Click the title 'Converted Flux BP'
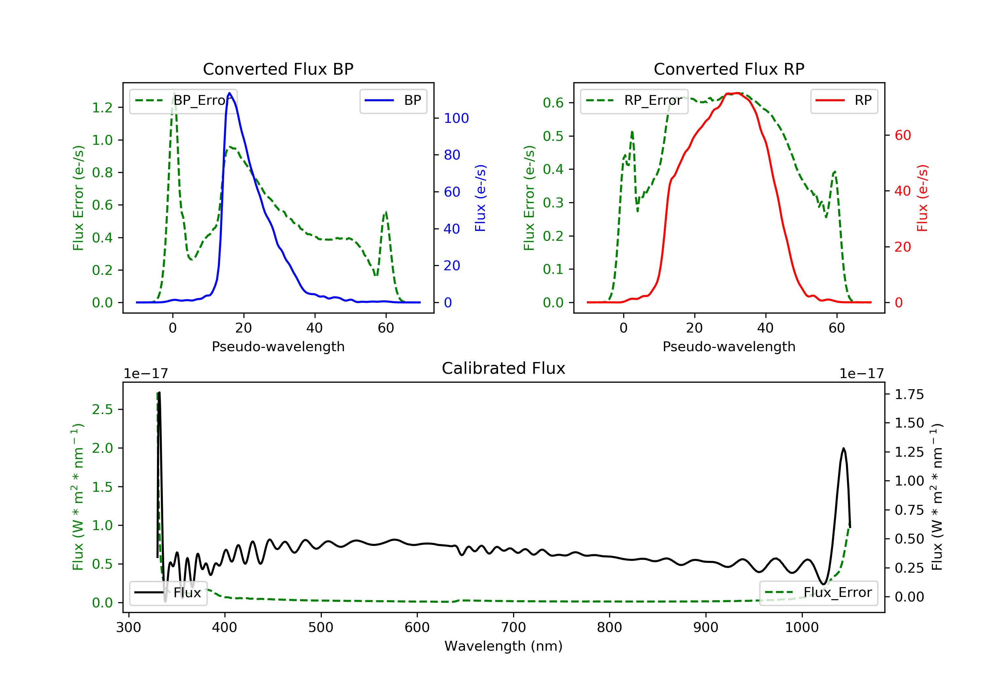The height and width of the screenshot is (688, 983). click(x=278, y=69)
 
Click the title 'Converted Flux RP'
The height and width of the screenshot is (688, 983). click(x=729, y=69)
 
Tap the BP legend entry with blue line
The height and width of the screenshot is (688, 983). click(x=393, y=101)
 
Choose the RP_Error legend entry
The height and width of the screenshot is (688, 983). click(x=634, y=101)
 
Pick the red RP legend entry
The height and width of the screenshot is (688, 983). click(x=843, y=101)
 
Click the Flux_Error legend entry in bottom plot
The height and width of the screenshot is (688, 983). click(x=818, y=593)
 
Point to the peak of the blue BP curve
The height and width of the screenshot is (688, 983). click(x=229, y=93)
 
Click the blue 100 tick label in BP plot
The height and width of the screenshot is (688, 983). click(x=456, y=118)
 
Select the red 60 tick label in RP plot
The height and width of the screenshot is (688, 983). click(x=902, y=135)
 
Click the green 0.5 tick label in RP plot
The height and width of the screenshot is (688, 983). click(x=553, y=136)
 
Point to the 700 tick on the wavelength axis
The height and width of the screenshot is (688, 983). click(x=513, y=628)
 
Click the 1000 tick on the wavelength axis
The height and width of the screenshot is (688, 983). click(x=801, y=628)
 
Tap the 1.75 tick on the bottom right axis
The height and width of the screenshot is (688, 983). click(x=909, y=394)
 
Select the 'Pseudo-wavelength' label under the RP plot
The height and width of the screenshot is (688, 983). click(x=729, y=346)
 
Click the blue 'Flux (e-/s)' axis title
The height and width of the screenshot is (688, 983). click(x=480, y=198)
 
